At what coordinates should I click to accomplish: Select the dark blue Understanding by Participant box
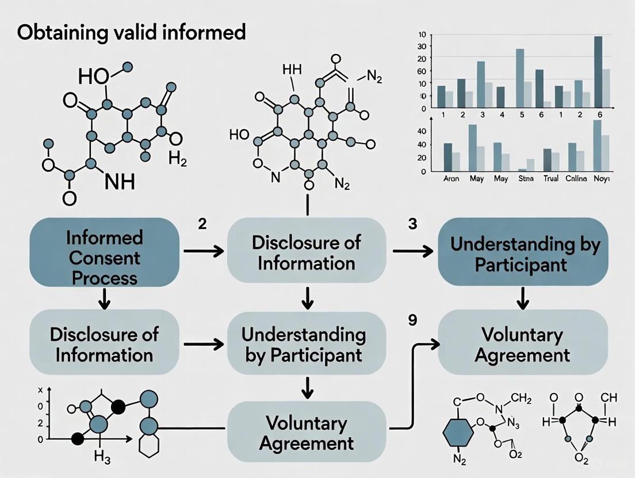point(525,253)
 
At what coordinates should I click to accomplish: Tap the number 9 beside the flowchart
point(412,321)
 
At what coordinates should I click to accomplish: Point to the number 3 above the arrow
point(412,223)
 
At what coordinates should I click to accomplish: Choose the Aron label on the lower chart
point(452,179)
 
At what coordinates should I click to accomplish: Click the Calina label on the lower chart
point(576,179)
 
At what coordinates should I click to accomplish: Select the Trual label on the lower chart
point(551,179)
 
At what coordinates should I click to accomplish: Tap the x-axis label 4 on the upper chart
point(502,115)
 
